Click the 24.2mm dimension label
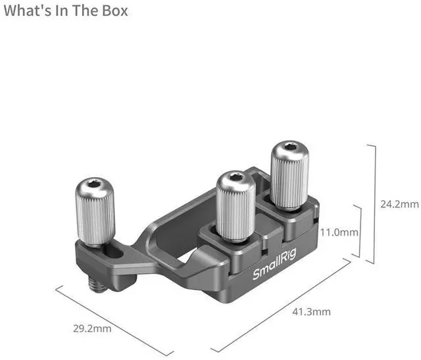[x=399, y=204]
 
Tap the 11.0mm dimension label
[x=339, y=232]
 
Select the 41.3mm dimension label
[x=311, y=312]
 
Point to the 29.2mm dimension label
[x=92, y=328]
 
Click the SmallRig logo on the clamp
[x=274, y=265]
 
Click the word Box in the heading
[x=115, y=11]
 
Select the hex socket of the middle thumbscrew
[x=237, y=176]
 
